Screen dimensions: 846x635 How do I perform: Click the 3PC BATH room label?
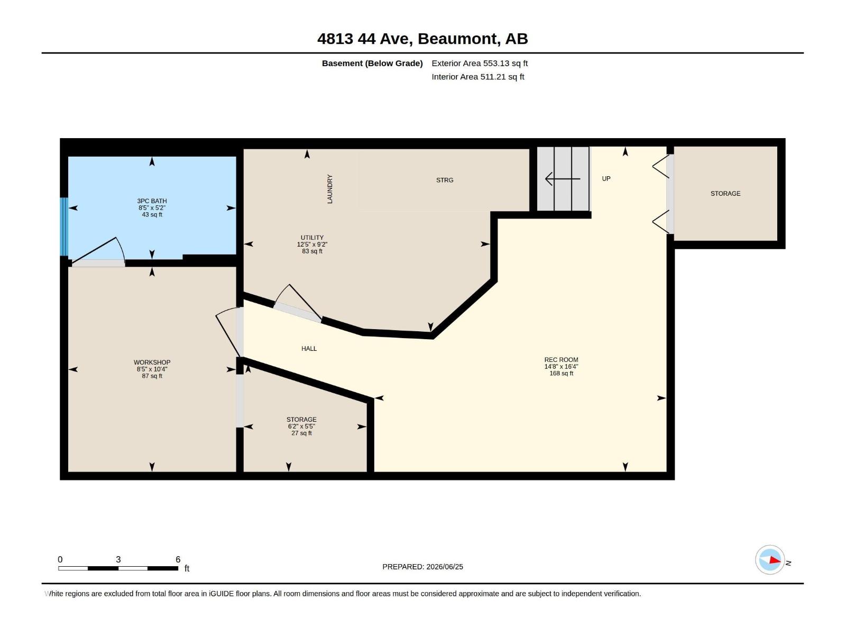pyautogui.click(x=152, y=201)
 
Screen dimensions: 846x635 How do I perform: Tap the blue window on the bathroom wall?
pyautogui.click(x=64, y=226)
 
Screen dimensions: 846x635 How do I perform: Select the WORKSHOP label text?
pyautogui.click(x=152, y=362)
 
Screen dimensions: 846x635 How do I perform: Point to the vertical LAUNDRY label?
pyautogui.click(x=329, y=189)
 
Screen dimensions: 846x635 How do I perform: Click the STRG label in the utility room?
pyautogui.click(x=444, y=180)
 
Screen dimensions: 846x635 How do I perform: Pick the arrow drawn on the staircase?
pyautogui.click(x=563, y=179)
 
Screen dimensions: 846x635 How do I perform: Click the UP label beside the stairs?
pyautogui.click(x=606, y=178)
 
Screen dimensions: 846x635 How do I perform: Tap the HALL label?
pyautogui.click(x=309, y=349)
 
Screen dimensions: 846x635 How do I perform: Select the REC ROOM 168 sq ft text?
pyautogui.click(x=561, y=373)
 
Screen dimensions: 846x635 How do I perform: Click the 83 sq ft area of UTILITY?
pyautogui.click(x=312, y=251)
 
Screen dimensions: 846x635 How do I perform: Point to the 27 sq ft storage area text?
pyautogui.click(x=301, y=433)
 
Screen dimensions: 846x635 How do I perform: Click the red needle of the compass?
pyautogui.click(x=775, y=560)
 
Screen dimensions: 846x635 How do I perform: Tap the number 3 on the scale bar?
pyautogui.click(x=118, y=559)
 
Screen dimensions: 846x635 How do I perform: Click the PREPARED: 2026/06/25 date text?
pyautogui.click(x=422, y=567)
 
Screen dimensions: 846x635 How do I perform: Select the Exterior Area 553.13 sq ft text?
pyautogui.click(x=480, y=63)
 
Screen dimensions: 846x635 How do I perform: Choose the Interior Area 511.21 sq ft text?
pyautogui.click(x=478, y=77)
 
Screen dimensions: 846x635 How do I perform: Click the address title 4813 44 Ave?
pyautogui.click(x=365, y=39)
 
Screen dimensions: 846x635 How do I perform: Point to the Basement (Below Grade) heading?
pyautogui.click(x=372, y=63)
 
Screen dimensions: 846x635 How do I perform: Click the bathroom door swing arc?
pyautogui.click(x=121, y=250)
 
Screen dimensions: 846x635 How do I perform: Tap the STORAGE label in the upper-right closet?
pyautogui.click(x=725, y=194)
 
